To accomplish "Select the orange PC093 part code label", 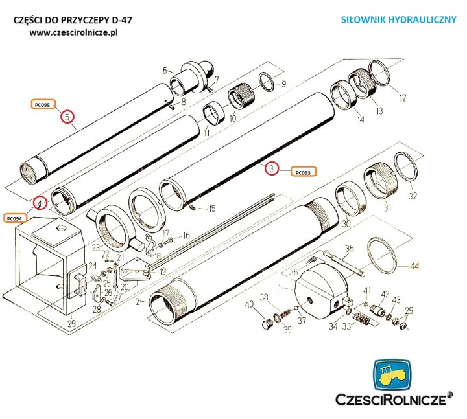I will [303, 172].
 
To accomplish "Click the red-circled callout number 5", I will [67, 117].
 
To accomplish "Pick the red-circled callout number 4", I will [40, 203].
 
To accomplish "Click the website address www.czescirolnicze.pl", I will [77, 32].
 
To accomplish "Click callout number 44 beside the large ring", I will [414, 266].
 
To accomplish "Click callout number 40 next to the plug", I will [249, 305].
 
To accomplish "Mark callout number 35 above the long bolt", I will [349, 247].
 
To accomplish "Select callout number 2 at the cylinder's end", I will [137, 302].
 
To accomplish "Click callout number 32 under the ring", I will [413, 196].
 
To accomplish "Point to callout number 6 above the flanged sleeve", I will [164, 70].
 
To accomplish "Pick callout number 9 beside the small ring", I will [283, 84].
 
